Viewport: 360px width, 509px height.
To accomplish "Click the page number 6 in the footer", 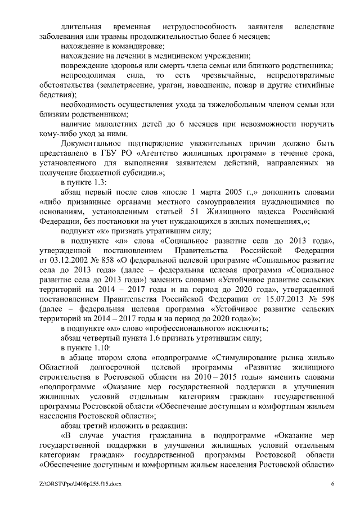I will tap(332, 484).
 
